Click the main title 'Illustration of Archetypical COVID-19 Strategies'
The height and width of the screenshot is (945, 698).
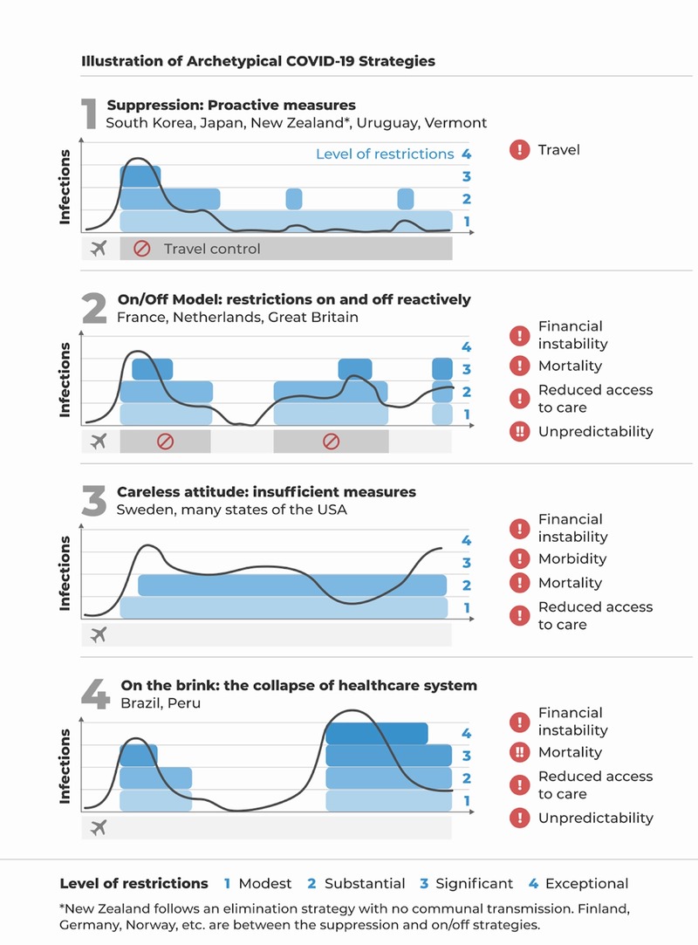(257, 62)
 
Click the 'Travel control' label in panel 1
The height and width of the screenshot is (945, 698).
(212, 249)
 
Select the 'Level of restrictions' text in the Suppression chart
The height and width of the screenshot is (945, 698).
(385, 154)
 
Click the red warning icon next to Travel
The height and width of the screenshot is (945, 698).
(519, 150)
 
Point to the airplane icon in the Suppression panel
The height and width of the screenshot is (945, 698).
(99, 249)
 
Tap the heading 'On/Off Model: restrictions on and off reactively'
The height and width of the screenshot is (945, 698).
(294, 299)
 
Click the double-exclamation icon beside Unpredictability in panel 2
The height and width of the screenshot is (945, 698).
(520, 431)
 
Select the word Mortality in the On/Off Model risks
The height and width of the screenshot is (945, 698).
(570, 366)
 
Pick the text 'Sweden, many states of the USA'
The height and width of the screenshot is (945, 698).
(231, 510)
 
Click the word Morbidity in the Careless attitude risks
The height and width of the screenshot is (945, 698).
(572, 558)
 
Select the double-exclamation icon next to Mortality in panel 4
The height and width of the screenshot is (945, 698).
(520, 752)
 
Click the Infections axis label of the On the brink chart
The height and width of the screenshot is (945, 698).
(65, 767)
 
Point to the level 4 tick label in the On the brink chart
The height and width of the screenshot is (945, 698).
(467, 734)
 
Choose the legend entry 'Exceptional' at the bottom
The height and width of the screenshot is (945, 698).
(586, 883)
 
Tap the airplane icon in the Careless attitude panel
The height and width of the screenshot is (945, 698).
(99, 634)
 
